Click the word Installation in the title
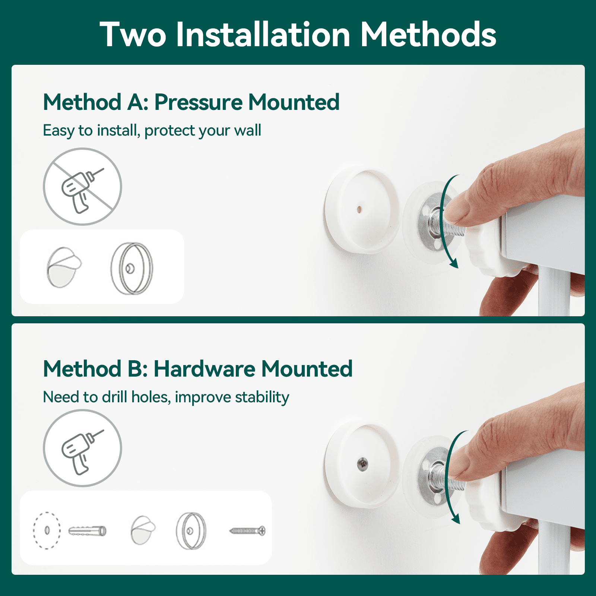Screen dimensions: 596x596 pyautogui.click(x=263, y=35)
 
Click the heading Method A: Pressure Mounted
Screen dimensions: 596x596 pyautogui.click(x=191, y=102)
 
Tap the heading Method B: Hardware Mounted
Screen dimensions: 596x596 pyautogui.click(x=197, y=369)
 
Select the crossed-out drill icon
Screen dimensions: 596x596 pyautogui.click(x=82, y=187)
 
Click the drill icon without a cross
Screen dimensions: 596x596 pyautogui.click(x=82, y=448)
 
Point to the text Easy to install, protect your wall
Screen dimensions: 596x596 pyautogui.click(x=152, y=131)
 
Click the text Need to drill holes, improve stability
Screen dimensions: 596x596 pyautogui.click(x=166, y=397)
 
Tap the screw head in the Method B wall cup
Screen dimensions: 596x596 pyautogui.click(x=362, y=464)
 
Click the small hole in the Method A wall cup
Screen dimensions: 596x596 pyautogui.click(x=359, y=209)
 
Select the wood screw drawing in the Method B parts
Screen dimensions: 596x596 pyautogui.click(x=247, y=530)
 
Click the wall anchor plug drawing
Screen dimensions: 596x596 pyautogui.click(x=88, y=530)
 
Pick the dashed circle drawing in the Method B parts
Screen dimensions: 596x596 pyautogui.click(x=47, y=530)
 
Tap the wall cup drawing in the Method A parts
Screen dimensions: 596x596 pyautogui.click(x=132, y=268)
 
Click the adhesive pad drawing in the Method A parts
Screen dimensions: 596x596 pyautogui.click(x=63, y=267)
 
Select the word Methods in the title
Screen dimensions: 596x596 pyautogui.click(x=428, y=35)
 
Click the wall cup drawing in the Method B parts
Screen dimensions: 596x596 pyautogui.click(x=191, y=530)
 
